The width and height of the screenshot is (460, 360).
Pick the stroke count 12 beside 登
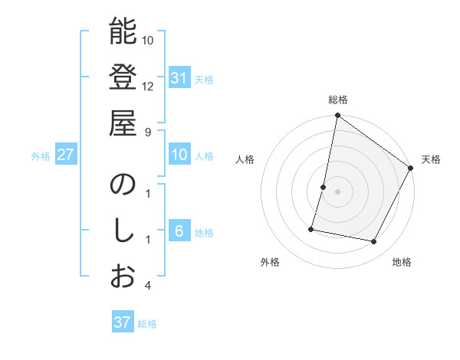[148, 86]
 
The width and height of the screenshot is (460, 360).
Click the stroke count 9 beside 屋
[147, 131]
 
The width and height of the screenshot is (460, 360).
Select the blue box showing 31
[179, 77]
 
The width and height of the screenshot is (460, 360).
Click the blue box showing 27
[65, 155]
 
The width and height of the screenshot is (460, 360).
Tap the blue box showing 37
[123, 322]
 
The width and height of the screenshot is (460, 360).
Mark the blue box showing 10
[179, 155]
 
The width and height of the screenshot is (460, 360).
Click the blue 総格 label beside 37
[147, 324]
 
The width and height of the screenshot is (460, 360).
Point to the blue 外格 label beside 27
[41, 156]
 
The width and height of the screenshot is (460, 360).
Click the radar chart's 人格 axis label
[245, 159]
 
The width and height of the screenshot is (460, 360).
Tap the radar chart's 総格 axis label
[338, 100]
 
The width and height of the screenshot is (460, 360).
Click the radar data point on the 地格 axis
[374, 242]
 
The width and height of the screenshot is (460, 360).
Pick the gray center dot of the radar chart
[338, 191]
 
